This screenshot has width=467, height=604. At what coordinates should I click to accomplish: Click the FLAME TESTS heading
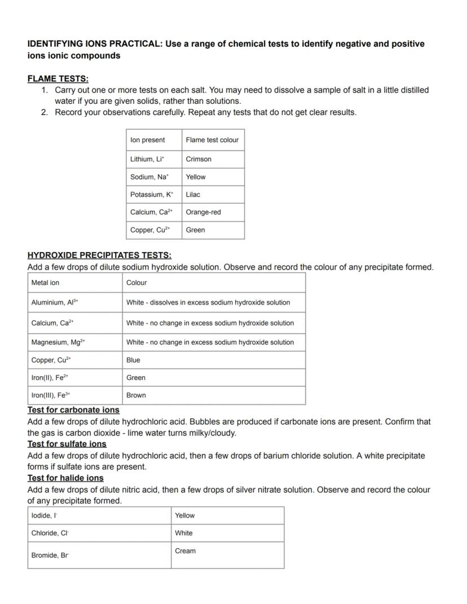58,79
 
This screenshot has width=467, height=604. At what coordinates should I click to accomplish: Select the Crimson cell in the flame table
199,159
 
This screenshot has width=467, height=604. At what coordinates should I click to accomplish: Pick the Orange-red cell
203,212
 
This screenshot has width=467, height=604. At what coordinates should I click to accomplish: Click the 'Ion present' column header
148,140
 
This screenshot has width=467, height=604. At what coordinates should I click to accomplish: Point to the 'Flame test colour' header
212,140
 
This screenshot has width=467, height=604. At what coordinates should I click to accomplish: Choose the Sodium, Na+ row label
149,177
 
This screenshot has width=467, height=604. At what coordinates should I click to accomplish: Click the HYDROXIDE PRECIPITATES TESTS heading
99,255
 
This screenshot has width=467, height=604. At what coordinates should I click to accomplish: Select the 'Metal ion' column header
45,283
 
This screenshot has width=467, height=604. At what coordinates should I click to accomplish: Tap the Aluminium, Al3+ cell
55,302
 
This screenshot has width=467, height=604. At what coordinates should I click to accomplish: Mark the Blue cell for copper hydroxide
133,360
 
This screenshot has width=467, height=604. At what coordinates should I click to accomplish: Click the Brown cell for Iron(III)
136,395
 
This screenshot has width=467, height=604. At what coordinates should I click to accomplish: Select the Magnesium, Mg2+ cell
58,342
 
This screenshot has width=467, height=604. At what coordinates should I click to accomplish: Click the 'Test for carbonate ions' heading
73,410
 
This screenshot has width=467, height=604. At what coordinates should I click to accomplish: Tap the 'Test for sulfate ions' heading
67,444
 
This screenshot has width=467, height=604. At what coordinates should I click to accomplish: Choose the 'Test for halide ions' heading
65,478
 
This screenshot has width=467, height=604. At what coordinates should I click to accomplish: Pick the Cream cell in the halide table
185,551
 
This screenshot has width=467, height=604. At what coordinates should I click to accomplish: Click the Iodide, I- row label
45,515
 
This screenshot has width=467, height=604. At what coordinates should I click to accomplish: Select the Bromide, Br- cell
50,555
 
